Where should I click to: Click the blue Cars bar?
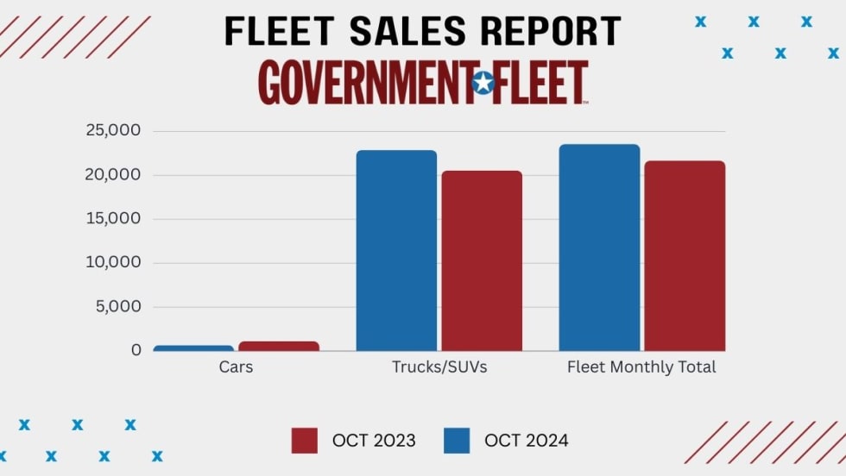click(193, 348)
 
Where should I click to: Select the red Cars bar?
click(279, 346)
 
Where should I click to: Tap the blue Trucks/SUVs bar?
click(396, 250)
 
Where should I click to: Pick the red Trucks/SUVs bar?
click(482, 260)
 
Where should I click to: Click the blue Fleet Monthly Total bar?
click(599, 247)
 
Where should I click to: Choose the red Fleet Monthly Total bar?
click(685, 255)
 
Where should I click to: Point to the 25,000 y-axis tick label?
click(112, 131)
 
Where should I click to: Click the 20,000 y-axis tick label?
click(112, 175)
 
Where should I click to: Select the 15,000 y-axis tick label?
click(112, 219)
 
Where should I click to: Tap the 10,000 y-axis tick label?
click(112, 263)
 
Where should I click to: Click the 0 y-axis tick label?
click(136, 350)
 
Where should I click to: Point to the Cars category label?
click(236, 367)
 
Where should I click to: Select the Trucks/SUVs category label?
click(439, 367)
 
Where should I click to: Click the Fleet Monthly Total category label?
click(641, 367)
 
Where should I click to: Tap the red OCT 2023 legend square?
click(304, 441)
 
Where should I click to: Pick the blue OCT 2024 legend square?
click(457, 441)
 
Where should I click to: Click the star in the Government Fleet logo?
click(483, 83)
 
